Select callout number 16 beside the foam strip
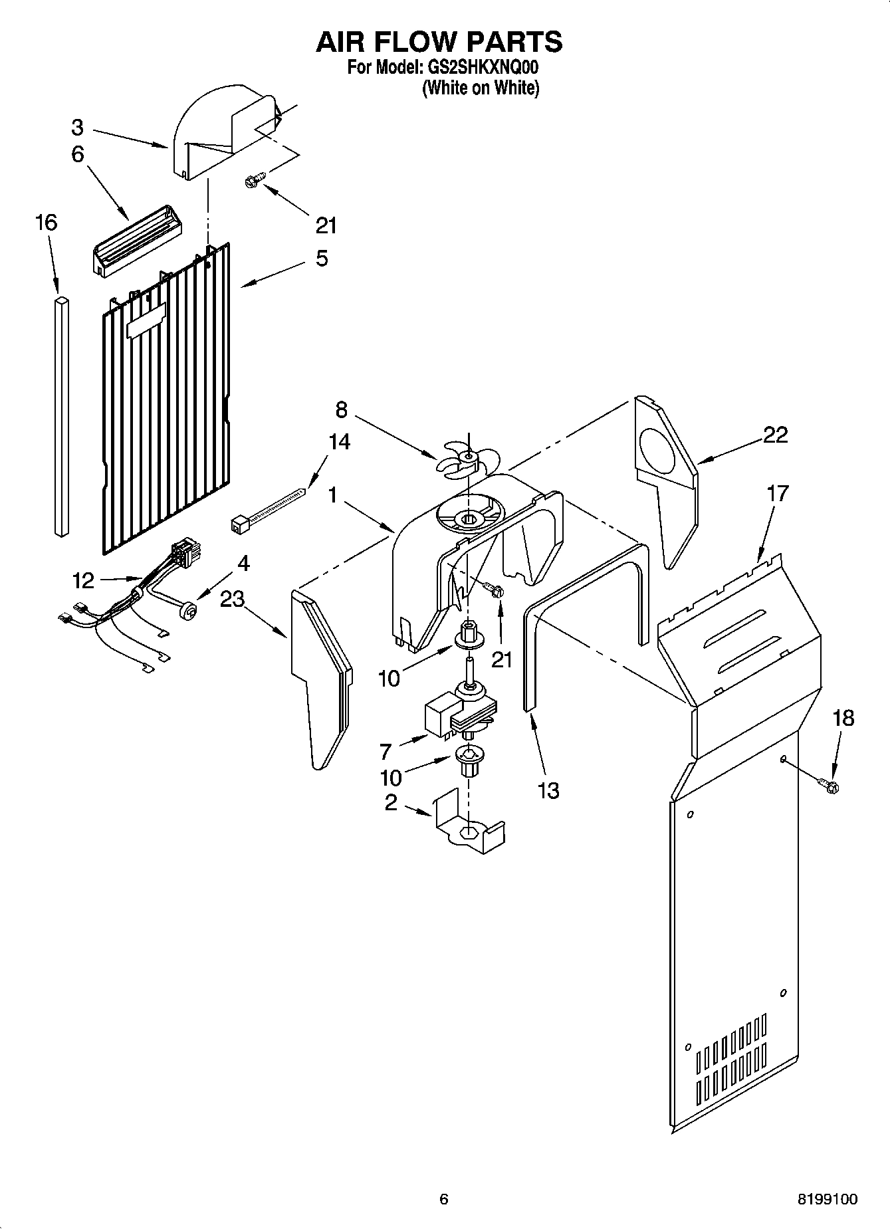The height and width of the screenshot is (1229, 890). [46, 222]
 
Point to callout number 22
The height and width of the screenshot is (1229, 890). [775, 435]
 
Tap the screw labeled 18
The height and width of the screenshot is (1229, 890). [830, 786]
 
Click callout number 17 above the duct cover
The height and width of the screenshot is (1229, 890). [778, 493]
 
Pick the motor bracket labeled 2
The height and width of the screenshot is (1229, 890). [469, 824]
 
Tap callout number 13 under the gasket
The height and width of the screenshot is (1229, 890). [548, 790]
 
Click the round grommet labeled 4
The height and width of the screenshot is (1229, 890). [189, 609]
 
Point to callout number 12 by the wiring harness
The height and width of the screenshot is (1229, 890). [84, 581]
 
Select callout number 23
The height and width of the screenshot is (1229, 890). [233, 599]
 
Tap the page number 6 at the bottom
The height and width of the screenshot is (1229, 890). [444, 1200]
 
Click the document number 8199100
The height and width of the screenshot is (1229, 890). [828, 1200]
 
